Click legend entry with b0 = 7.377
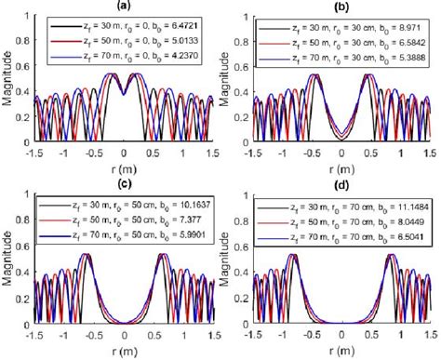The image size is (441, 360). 124,225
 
